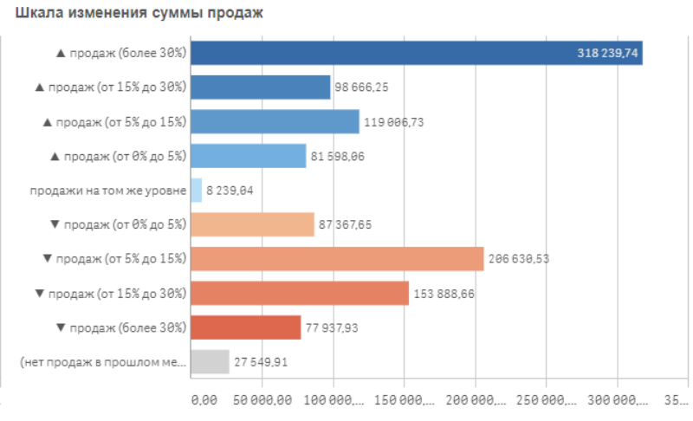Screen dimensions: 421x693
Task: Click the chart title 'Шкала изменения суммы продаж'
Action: point(133,13)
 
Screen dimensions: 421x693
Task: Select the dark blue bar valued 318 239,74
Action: point(416,53)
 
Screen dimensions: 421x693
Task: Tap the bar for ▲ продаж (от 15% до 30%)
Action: point(260,87)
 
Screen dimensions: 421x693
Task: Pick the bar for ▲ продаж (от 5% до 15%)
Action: point(275,121)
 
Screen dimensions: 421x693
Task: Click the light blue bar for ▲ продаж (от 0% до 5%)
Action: point(249,156)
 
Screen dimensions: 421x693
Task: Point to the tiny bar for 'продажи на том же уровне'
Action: point(197,191)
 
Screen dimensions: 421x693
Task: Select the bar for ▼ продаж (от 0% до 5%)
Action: point(252,224)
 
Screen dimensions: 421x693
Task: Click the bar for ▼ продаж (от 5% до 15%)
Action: point(337,259)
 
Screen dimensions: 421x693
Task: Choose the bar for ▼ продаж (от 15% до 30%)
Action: point(300,294)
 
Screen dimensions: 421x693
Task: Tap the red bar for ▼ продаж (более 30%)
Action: point(245,327)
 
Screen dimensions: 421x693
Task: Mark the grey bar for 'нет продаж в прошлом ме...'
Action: point(210,362)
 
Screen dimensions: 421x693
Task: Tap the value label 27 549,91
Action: point(261,362)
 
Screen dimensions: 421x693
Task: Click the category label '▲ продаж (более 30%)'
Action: point(120,53)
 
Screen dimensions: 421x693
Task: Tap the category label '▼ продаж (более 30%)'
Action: point(120,327)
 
